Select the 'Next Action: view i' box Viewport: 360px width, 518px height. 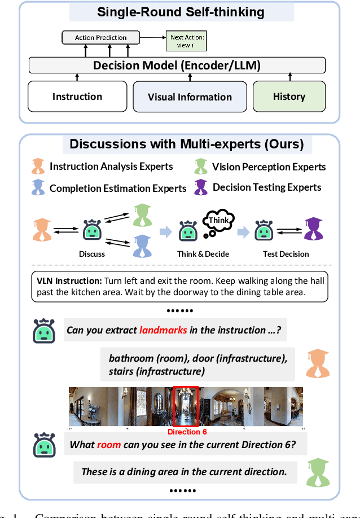[x=185, y=41]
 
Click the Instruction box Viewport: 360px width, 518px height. [x=77, y=96]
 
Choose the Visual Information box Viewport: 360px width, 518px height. [x=190, y=96]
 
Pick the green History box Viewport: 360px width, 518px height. [x=289, y=96]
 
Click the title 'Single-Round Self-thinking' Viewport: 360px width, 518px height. [x=182, y=12]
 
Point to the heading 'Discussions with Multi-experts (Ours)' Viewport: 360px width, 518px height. [x=187, y=144]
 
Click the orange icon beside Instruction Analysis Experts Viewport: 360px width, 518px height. [x=38, y=166]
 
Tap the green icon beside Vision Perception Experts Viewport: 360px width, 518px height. [x=201, y=166]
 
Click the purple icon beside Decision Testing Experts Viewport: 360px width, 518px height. [x=201, y=187]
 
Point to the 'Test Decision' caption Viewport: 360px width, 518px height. [x=286, y=254]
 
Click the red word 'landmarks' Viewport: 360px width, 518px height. [x=163, y=330]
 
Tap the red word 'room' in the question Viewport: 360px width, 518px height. [x=109, y=444]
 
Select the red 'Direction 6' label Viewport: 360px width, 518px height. [x=187, y=432]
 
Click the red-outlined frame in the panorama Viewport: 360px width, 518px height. [x=186, y=406]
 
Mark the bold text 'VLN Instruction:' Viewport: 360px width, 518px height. [x=69, y=281]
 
